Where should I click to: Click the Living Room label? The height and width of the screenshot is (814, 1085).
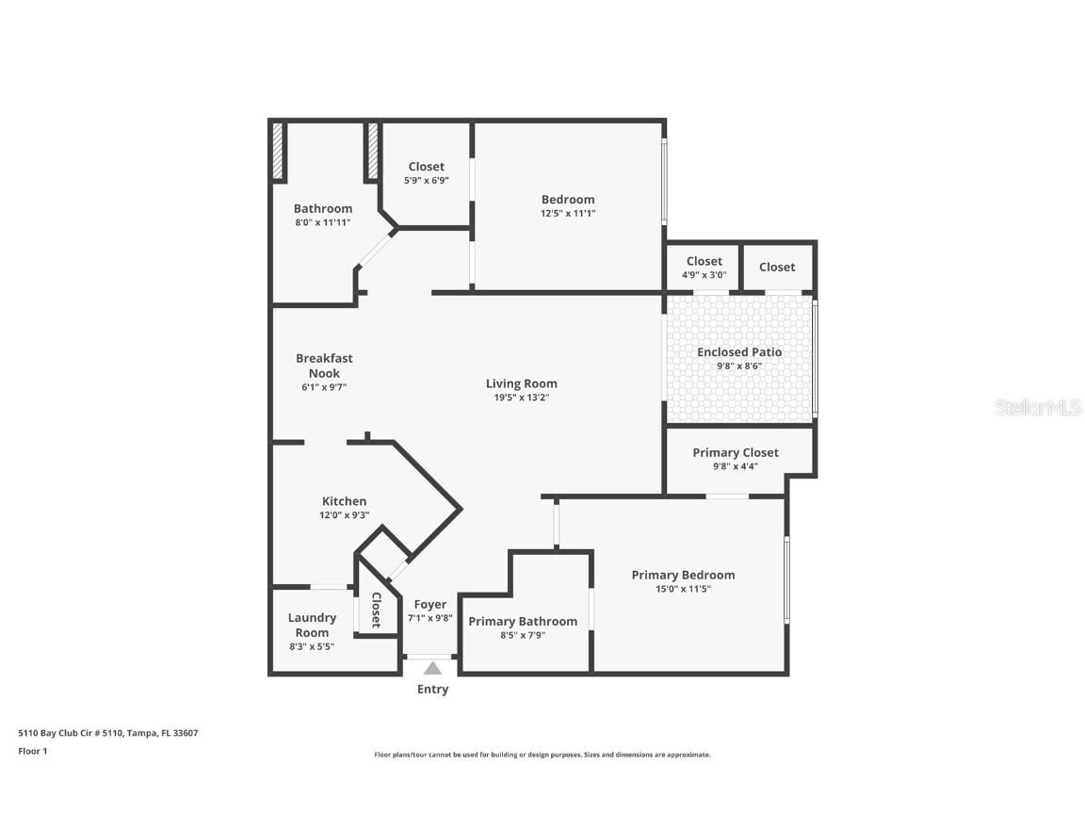tap(521, 383)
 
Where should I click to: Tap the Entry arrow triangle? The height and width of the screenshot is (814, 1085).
tap(432, 669)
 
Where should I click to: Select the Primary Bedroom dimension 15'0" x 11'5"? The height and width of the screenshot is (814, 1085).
tap(683, 589)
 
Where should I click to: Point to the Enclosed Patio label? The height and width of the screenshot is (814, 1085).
tap(739, 352)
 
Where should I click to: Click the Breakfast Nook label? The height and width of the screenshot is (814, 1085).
tap(324, 366)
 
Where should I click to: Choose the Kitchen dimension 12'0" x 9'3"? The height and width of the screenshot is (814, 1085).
tap(344, 515)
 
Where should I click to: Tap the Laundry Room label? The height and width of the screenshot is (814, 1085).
tap(312, 625)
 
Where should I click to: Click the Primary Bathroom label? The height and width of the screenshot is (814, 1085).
tap(523, 621)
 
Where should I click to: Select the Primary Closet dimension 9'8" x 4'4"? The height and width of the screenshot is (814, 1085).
tap(736, 466)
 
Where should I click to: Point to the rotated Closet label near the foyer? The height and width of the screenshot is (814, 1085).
tap(376, 610)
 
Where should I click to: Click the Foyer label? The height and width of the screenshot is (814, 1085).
tap(430, 604)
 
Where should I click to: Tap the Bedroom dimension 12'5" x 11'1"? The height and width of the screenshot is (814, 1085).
tap(568, 213)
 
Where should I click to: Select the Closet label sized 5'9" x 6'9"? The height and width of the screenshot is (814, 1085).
tap(426, 167)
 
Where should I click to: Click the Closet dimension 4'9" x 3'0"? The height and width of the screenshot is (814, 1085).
tap(704, 275)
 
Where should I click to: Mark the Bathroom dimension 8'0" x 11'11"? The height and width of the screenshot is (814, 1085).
tap(323, 222)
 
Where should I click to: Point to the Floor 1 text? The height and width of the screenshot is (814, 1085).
tap(32, 751)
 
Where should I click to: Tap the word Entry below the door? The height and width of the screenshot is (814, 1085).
tap(432, 690)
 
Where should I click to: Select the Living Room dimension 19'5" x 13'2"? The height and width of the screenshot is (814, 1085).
tap(521, 398)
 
